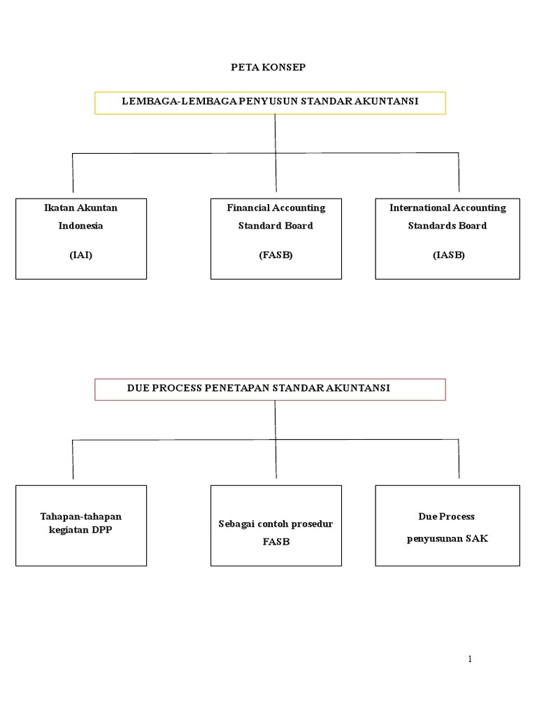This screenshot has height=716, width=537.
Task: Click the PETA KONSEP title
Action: (x=269, y=67)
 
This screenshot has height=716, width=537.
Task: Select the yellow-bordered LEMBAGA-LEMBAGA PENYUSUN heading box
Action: (x=270, y=102)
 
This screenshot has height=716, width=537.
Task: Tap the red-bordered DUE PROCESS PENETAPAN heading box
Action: (x=270, y=389)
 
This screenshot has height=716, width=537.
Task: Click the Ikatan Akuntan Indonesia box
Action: (x=81, y=238)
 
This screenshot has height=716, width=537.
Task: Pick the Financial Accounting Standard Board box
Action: (x=276, y=238)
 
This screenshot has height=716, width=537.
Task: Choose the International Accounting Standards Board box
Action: (x=447, y=238)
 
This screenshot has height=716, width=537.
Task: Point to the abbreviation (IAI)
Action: (x=81, y=255)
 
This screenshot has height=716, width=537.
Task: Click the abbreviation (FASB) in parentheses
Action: (x=275, y=255)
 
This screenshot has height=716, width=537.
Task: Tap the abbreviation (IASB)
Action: (x=447, y=255)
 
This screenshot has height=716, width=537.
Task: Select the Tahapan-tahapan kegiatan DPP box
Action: (x=81, y=525)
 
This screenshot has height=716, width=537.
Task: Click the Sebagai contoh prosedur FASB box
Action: (x=276, y=525)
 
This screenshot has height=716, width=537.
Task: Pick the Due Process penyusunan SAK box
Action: (x=447, y=525)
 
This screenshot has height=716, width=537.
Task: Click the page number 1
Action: (x=471, y=659)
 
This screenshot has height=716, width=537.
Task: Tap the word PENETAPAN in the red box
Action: (x=236, y=387)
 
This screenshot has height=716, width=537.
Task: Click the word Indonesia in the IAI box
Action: (x=81, y=226)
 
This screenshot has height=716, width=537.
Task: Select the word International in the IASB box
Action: (x=420, y=208)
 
